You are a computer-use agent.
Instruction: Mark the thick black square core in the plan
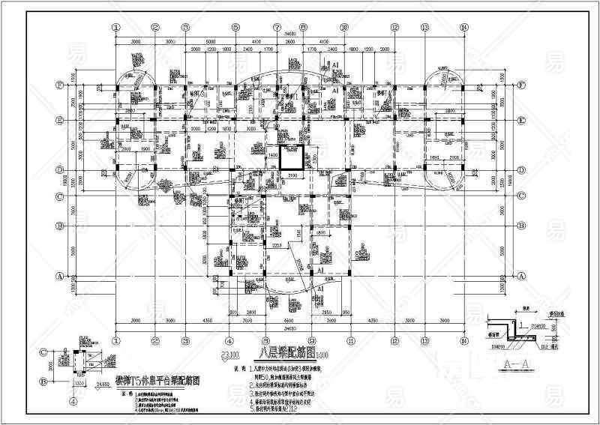(290, 158)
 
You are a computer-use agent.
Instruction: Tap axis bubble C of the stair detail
(43, 351)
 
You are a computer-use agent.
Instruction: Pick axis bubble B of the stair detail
(43, 381)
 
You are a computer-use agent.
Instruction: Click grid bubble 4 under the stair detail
(73, 401)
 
